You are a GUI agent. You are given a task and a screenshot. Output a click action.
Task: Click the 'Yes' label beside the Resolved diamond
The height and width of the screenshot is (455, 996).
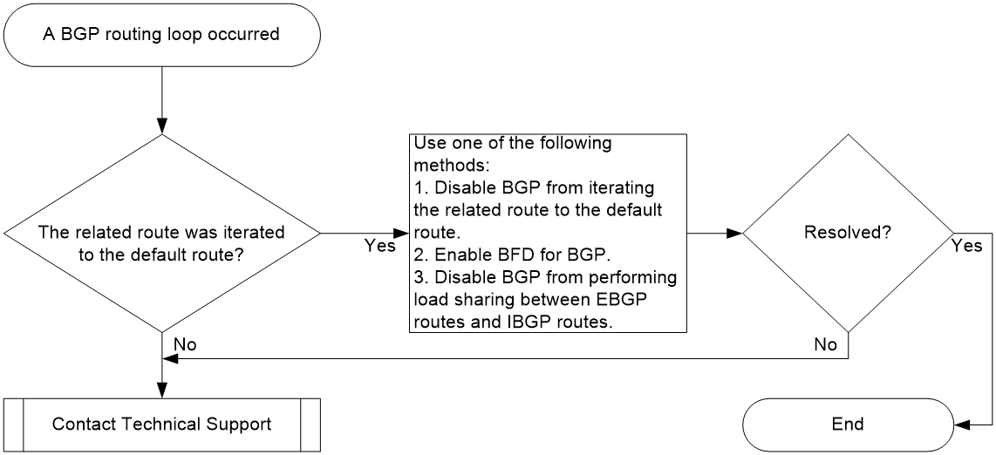pos(966,246)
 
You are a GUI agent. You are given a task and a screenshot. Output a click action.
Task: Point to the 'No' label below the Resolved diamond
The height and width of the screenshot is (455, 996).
pos(826,344)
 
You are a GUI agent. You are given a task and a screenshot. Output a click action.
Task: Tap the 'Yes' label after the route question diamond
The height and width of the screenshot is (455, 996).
pos(380,246)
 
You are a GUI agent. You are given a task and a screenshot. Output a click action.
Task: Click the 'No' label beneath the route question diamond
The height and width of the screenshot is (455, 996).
pos(185,344)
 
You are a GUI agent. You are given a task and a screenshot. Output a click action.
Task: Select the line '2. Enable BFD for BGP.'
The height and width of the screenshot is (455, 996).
pos(512,255)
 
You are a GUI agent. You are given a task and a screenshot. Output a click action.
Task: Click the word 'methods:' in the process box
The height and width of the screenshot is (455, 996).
pos(450,166)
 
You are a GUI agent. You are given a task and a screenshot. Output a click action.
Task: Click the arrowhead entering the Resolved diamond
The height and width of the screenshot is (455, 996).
pos(735,233)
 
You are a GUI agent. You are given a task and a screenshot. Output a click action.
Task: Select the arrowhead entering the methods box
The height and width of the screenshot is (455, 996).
pos(400,233)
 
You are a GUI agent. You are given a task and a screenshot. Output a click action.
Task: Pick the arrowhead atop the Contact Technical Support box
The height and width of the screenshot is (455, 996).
pos(162,390)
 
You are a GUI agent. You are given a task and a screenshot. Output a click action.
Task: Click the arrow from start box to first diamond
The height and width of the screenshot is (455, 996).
pos(162,99)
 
